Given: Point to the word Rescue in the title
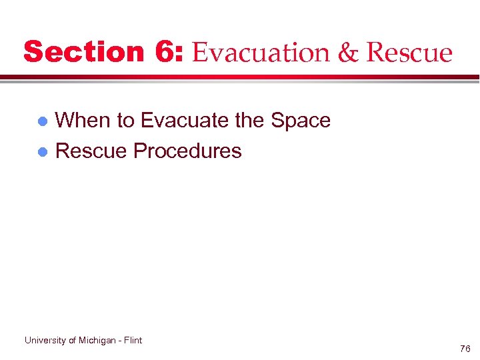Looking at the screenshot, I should (410, 53).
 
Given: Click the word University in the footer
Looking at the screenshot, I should (45, 340).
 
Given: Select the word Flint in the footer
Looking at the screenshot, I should (133, 340).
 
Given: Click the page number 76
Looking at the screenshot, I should (465, 349).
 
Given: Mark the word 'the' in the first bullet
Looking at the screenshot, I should (250, 120).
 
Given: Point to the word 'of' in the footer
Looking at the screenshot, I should (73, 340).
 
